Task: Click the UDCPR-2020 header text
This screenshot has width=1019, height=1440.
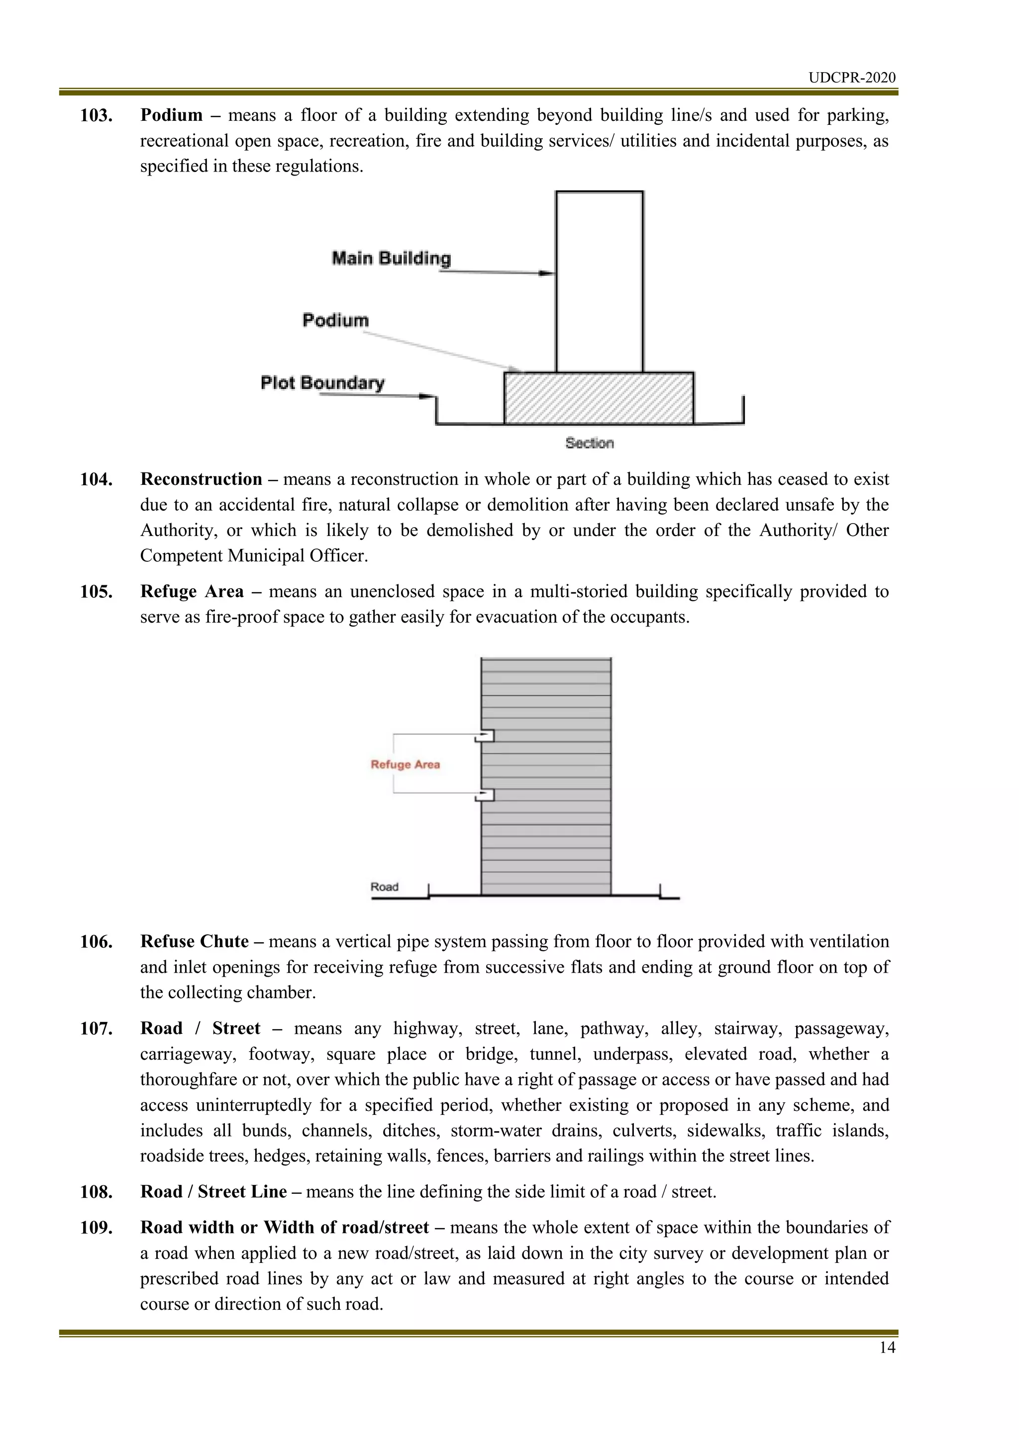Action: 851,78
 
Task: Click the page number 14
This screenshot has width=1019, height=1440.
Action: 887,1347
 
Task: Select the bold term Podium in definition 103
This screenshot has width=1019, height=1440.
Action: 171,115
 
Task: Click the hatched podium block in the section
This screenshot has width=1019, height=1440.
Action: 599,398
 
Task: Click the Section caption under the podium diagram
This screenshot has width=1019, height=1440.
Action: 589,443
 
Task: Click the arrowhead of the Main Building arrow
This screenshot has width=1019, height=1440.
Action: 548,273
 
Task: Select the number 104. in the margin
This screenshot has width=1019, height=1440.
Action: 96,480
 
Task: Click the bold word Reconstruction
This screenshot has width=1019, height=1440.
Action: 201,480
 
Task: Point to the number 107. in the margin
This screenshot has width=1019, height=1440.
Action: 96,1029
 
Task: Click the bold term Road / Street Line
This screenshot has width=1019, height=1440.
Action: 213,1192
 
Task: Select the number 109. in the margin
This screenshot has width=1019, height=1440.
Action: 96,1227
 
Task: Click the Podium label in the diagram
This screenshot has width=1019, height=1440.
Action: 335,321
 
